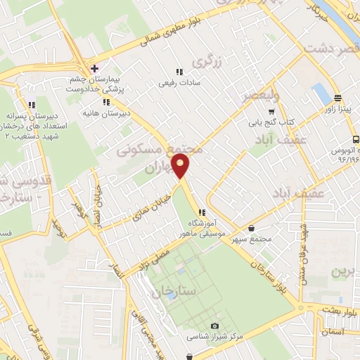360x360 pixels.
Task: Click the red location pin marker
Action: tap(181, 166)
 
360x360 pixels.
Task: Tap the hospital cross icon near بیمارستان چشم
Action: tap(94, 68)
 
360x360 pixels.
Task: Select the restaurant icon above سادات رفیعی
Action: tap(179, 72)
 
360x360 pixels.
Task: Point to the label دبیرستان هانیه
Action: tap(99, 112)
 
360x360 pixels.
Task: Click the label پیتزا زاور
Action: tap(337, 109)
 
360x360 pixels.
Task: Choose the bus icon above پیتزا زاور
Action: tap(337, 98)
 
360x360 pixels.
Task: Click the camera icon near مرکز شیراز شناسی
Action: tap(214, 326)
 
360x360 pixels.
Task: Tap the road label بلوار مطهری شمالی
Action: tap(169, 32)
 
